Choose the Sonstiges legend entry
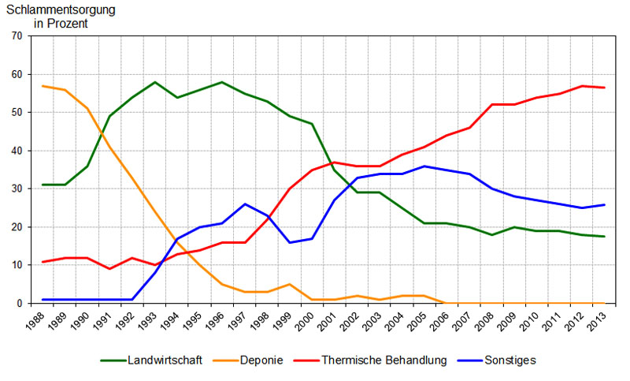pos(510,360)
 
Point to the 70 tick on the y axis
pos(17,36)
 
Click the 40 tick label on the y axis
pos(17,151)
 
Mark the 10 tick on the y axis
pos(17,265)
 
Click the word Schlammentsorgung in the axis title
pos(60,10)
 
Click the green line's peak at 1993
pos(155,82)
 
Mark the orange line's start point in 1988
pos(43,86)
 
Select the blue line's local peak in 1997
pos(245,204)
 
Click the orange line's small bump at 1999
pos(290,284)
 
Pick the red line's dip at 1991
pos(109,269)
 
